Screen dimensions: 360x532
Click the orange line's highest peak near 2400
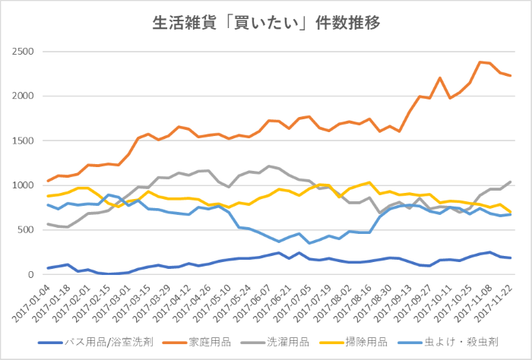479,62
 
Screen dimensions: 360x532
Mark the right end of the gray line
510,182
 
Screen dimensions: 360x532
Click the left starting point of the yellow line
49,196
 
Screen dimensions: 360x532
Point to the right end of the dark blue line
510,258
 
